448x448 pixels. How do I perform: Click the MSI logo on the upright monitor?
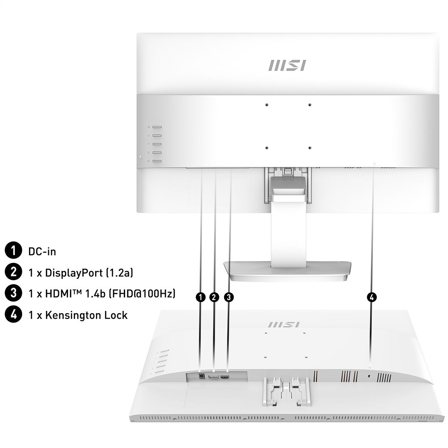pos(287,65)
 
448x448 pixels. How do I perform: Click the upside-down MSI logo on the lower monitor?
pos(284,324)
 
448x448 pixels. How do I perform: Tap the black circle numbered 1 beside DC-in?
pos(13,251)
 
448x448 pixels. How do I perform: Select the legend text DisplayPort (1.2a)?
pos(89,273)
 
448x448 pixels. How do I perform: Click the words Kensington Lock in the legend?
pos(86,315)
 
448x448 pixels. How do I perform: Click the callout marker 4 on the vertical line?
pos(371,297)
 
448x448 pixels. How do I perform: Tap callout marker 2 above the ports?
pos(214,297)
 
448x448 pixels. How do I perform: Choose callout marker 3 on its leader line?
pos(229,297)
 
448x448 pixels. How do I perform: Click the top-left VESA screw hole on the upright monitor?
pos(267,105)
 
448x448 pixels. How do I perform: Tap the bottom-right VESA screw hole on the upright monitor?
pos(309,148)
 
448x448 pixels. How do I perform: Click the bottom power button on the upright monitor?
pos(157,161)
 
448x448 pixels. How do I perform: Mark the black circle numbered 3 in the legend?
pos(13,294)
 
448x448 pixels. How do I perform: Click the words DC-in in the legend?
pos(42,251)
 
